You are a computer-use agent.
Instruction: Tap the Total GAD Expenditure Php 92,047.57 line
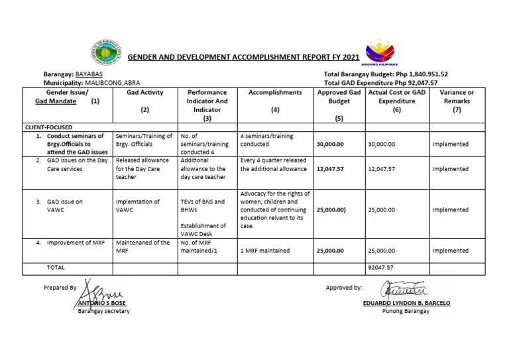pyautogui.click(x=386, y=82)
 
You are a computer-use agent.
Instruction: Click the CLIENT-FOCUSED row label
pyautogui.click(x=48, y=126)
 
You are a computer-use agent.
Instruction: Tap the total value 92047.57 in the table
pyautogui.click(x=380, y=267)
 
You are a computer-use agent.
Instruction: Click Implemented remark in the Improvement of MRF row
pyautogui.click(x=450, y=251)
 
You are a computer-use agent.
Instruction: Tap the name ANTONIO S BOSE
pyautogui.click(x=102, y=304)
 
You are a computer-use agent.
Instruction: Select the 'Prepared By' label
pyautogui.click(x=60, y=287)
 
